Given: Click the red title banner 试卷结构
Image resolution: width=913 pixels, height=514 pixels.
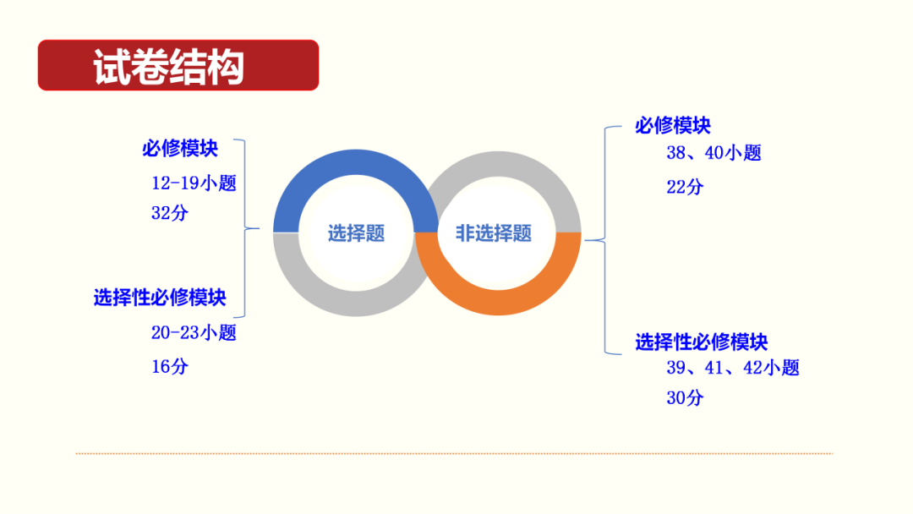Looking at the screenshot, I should click(x=178, y=65).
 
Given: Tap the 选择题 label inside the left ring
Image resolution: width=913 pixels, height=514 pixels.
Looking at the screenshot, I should click(x=356, y=234).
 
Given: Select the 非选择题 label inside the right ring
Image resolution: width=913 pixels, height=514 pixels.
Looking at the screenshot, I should click(x=494, y=233).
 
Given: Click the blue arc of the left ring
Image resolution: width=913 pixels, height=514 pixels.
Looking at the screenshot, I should click(x=355, y=165).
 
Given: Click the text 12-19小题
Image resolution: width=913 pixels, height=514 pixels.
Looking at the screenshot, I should click(x=194, y=183).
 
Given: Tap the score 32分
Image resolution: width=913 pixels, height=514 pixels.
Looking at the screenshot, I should click(x=170, y=213).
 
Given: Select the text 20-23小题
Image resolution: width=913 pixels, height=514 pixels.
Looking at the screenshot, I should click(x=194, y=332).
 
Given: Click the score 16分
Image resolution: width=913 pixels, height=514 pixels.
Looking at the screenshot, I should click(x=170, y=366).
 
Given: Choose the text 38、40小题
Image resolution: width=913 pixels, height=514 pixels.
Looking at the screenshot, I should click(x=713, y=153).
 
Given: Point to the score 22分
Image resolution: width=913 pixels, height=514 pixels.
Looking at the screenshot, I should click(x=684, y=187).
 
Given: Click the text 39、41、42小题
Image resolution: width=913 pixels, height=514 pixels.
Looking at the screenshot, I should click(x=732, y=368).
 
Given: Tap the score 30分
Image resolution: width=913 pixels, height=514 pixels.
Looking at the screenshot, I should click(x=684, y=397).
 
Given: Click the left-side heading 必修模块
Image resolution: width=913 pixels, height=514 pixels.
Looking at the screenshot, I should click(x=179, y=149).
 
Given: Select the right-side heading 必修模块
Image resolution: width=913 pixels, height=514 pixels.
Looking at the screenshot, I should click(x=673, y=126).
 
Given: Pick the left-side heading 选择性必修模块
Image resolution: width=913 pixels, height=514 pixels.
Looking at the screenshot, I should click(x=160, y=298).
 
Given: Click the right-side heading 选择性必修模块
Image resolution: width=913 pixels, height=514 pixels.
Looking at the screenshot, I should click(x=702, y=342).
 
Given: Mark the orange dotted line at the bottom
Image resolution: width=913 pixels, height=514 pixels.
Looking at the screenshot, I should click(x=454, y=453).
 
